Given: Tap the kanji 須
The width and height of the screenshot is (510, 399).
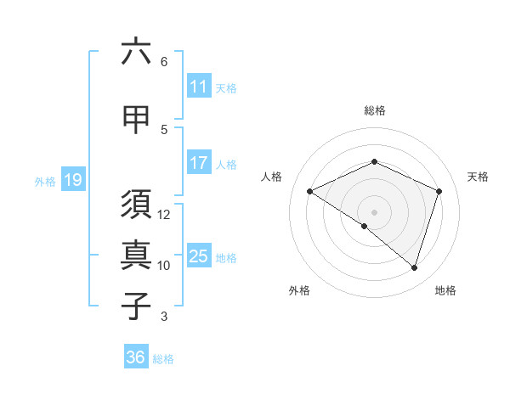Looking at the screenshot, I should click(x=136, y=205).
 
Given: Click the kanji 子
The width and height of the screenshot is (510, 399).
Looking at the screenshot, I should click(x=136, y=306).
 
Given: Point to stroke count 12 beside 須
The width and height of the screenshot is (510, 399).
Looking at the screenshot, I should click(x=165, y=214).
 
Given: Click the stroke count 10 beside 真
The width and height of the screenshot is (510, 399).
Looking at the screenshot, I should click(x=164, y=266).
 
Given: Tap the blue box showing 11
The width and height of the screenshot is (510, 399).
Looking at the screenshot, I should click(x=199, y=87).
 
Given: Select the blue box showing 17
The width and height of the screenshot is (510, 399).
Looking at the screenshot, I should click(x=199, y=164).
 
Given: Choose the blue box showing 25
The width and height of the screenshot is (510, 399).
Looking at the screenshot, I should click(x=199, y=257).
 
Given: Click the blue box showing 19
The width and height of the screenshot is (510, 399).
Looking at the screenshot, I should click(x=73, y=180).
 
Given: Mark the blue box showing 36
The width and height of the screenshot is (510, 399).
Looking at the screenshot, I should click(x=136, y=358).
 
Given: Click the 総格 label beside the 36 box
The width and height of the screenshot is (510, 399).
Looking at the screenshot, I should click(x=163, y=359).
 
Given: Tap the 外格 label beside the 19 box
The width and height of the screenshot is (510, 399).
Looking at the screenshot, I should click(x=44, y=181).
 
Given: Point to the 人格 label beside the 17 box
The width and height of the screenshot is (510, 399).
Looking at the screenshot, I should click(x=226, y=165).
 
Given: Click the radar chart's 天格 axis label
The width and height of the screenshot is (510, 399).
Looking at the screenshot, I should click(x=478, y=177).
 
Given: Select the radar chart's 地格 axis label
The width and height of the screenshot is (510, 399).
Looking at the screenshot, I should click(x=445, y=290).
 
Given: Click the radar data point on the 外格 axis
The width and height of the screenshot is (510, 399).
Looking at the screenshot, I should click(x=365, y=226).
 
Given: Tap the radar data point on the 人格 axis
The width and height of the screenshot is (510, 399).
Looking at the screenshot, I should click(x=310, y=192).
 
